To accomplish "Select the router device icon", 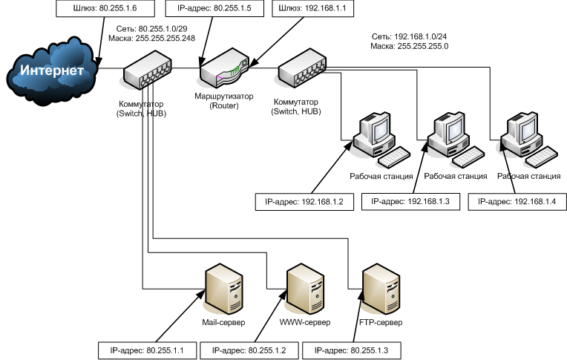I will click(223, 73).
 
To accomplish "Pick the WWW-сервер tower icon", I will click(304, 291).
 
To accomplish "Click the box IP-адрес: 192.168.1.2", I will click(299, 201).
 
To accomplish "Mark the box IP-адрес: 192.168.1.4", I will click(516, 201).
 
